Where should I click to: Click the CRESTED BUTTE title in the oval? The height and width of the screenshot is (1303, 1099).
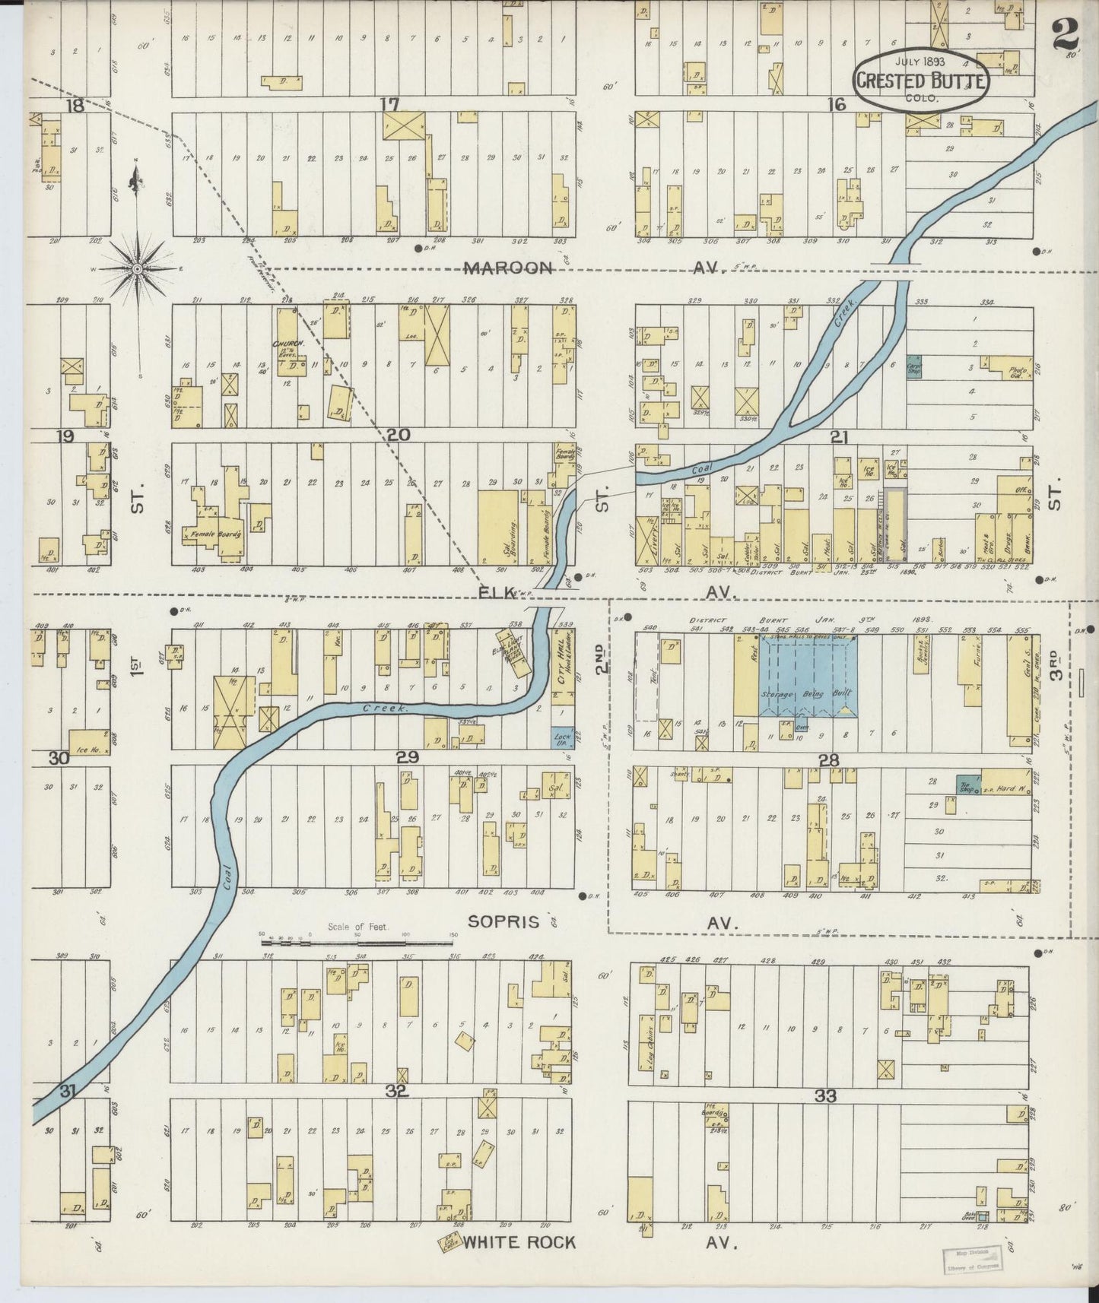pos(920,80)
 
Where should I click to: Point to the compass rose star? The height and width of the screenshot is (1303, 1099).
pos(137,268)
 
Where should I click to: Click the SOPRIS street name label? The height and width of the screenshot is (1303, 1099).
pos(503,922)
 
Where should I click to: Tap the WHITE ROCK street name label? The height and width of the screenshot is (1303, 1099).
pos(519,1242)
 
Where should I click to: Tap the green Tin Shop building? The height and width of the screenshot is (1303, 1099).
pos(968,786)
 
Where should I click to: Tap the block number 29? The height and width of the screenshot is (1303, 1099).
pos(408,756)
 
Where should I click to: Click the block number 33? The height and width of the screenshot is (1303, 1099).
pos(825,1095)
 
